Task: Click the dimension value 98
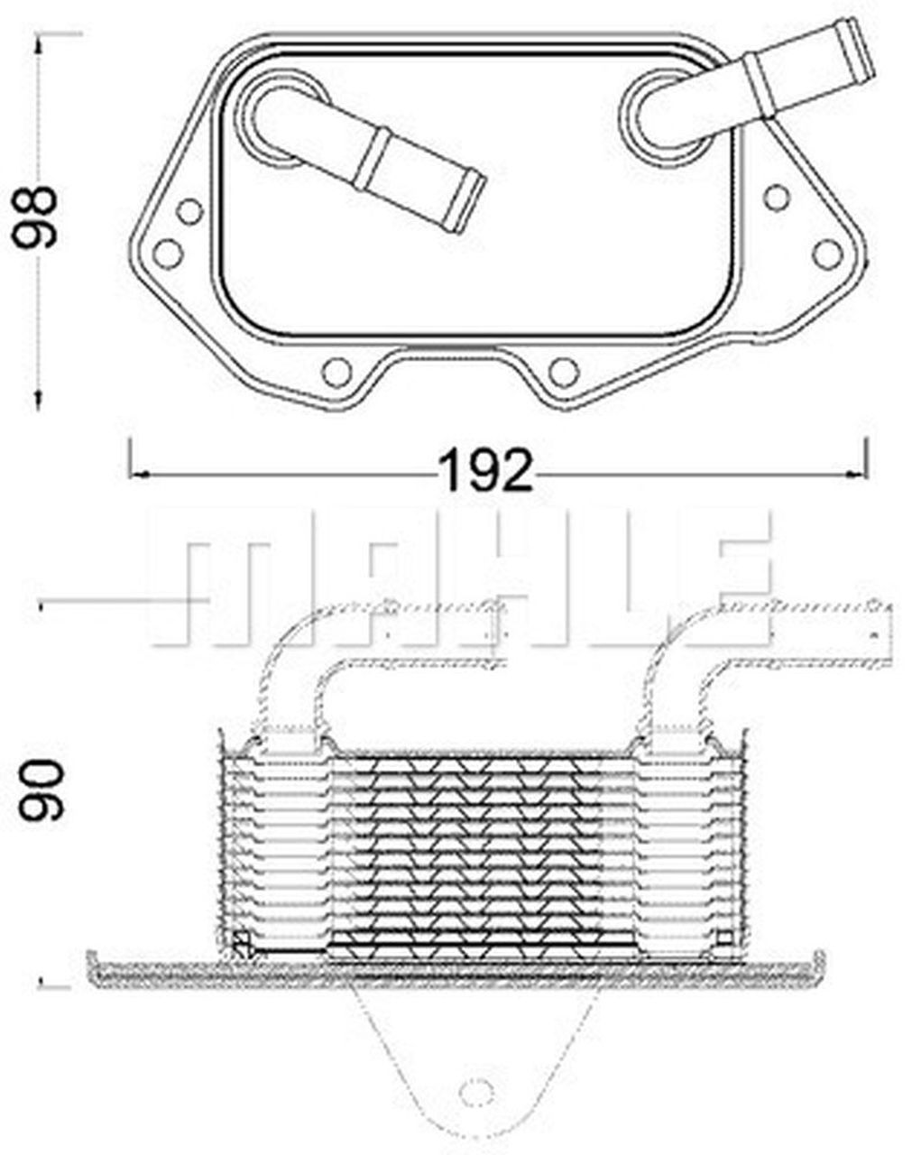(38, 217)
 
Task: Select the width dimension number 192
(484, 470)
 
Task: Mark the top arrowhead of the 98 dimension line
(39, 42)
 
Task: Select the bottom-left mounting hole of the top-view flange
(336, 372)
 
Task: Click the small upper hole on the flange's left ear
(189, 212)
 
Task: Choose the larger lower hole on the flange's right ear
(826, 253)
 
